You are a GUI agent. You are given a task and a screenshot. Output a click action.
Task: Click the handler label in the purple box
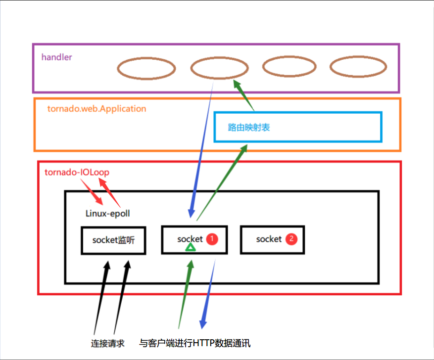pyautogui.click(x=56, y=57)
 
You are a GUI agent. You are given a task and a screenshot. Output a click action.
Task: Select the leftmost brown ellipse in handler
pyautogui.click(x=146, y=69)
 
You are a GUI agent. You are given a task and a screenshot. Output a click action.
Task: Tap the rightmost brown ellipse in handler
pyautogui.click(x=358, y=67)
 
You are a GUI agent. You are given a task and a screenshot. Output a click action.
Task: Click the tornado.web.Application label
pyautogui.click(x=96, y=108)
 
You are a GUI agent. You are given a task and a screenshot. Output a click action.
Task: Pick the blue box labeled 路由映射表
pyautogui.click(x=298, y=127)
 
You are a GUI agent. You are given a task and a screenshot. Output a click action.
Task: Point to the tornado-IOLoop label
pyautogui.click(x=77, y=173)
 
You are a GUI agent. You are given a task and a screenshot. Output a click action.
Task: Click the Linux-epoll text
pyautogui.click(x=108, y=213)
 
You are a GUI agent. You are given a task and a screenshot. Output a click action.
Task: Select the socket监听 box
pyautogui.click(x=114, y=240)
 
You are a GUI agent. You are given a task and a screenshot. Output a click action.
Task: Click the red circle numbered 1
pyautogui.click(x=212, y=239)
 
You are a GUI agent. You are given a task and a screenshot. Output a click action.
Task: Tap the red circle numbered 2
pyautogui.click(x=291, y=239)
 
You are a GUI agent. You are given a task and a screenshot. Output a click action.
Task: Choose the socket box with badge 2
pyautogui.click(x=272, y=239)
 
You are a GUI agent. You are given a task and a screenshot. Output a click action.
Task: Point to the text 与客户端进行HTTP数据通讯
pyautogui.click(x=198, y=343)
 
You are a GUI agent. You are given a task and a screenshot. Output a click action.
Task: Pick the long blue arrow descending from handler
pyautogui.click(x=202, y=148)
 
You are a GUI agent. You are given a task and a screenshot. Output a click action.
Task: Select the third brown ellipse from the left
pyautogui.click(x=289, y=66)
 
